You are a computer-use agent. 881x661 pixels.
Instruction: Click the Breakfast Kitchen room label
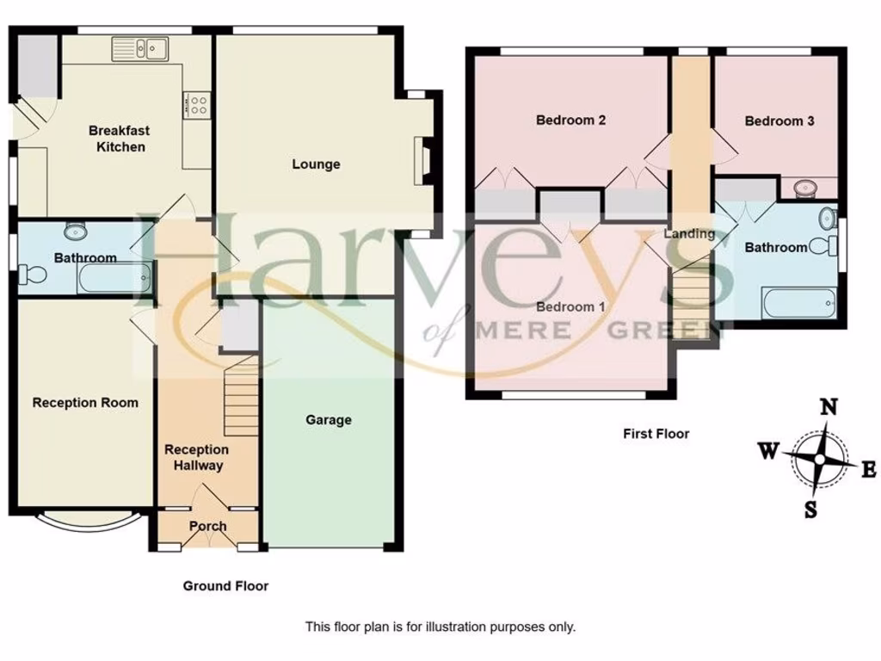119,139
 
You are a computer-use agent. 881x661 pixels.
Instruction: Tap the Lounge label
316,164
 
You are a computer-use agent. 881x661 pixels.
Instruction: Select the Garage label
329,420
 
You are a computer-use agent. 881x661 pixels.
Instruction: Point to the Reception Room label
85,402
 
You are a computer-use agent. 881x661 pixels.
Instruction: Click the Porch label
207,526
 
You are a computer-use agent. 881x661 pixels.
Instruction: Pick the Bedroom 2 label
570,120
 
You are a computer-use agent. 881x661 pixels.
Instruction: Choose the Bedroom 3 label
779,121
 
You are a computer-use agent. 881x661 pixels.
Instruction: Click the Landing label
690,233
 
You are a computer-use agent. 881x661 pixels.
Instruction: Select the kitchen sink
139,48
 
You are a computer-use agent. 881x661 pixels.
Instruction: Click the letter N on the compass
829,408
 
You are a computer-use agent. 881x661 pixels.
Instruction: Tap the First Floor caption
656,434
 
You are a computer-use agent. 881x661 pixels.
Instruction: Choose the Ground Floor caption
225,586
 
